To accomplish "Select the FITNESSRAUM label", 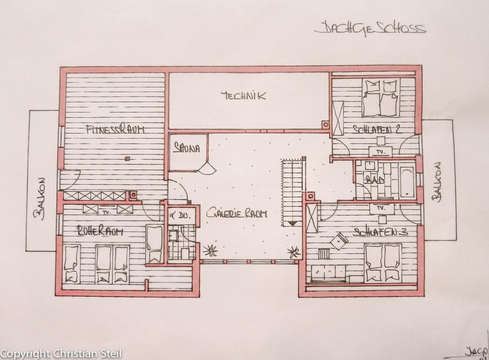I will pos(115,130).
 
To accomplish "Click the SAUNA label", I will pos(186,149).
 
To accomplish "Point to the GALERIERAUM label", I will pos(237,214).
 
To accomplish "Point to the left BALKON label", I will pos(41,197).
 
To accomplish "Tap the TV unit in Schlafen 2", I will pos(380,151).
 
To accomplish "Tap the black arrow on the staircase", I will pos(293,224).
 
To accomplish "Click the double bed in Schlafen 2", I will pos(380,98).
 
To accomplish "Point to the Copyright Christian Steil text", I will pos(61,354).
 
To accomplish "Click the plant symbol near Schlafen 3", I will pos(293,252).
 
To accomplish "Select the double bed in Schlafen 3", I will pos(383,262).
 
